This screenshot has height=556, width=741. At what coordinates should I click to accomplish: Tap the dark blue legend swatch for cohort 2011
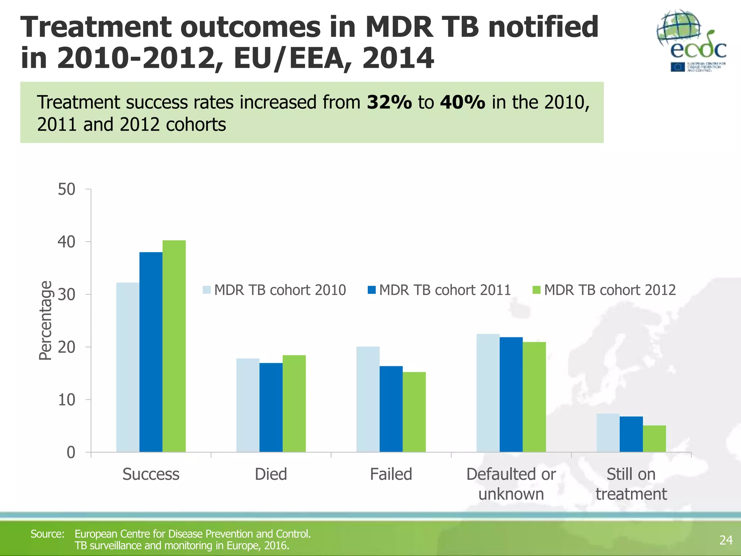pyautogui.click(x=372, y=290)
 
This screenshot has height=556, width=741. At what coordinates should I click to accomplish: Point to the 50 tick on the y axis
pyautogui.click(x=67, y=189)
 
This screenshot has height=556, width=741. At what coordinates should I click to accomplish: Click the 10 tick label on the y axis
pyautogui.click(x=67, y=400)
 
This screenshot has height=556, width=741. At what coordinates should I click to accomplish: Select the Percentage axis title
pyautogui.click(x=46, y=320)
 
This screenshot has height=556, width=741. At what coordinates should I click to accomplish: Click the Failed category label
pyautogui.click(x=391, y=474)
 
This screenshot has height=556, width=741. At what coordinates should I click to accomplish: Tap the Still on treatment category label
pyautogui.click(x=631, y=484)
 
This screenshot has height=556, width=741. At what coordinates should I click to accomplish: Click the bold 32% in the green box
pyautogui.click(x=389, y=102)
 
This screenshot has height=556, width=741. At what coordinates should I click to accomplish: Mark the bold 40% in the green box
pyautogui.click(x=462, y=102)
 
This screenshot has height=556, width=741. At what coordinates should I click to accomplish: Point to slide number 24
pyautogui.click(x=726, y=540)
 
